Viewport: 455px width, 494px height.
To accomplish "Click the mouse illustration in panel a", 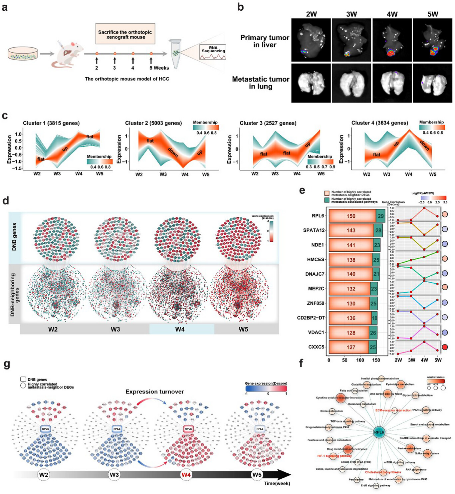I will pyautogui.click(x=68, y=54).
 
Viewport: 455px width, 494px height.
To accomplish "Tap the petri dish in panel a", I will pyautogui.click(x=23, y=54).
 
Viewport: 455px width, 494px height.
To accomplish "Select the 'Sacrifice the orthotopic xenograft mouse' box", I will pyautogui.click(x=125, y=34).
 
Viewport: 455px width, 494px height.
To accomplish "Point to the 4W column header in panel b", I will pyautogui.click(x=392, y=14).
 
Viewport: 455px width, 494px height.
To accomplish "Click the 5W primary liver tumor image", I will pyautogui.click(x=432, y=40).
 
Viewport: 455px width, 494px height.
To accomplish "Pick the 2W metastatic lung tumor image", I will pyautogui.click(x=311, y=83).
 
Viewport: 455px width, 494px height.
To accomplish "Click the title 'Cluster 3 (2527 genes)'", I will pyautogui.click(x=268, y=123).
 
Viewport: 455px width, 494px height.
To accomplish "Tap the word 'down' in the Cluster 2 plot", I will pyautogui.click(x=173, y=152).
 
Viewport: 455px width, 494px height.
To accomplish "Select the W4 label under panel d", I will pyautogui.click(x=180, y=329).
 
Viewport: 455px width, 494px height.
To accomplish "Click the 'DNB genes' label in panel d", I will pyautogui.click(x=14, y=237).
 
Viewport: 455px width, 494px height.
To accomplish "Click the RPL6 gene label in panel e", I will pyautogui.click(x=318, y=216).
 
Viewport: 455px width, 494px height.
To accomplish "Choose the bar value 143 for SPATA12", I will pyautogui.click(x=351, y=230).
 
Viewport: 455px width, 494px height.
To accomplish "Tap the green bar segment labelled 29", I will pyautogui.click(x=380, y=216).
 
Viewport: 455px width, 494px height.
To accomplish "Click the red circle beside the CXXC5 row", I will pyautogui.click(x=445, y=347).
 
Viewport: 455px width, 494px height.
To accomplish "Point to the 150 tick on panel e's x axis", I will pyautogui.click(x=376, y=360).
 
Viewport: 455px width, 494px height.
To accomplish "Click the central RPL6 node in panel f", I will pyautogui.click(x=379, y=432).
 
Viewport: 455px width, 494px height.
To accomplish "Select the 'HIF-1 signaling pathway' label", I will pyautogui.click(x=334, y=456).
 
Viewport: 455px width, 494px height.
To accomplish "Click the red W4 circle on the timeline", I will pyautogui.click(x=186, y=475).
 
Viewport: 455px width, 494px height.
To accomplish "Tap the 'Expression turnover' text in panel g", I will pyautogui.click(x=154, y=392).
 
